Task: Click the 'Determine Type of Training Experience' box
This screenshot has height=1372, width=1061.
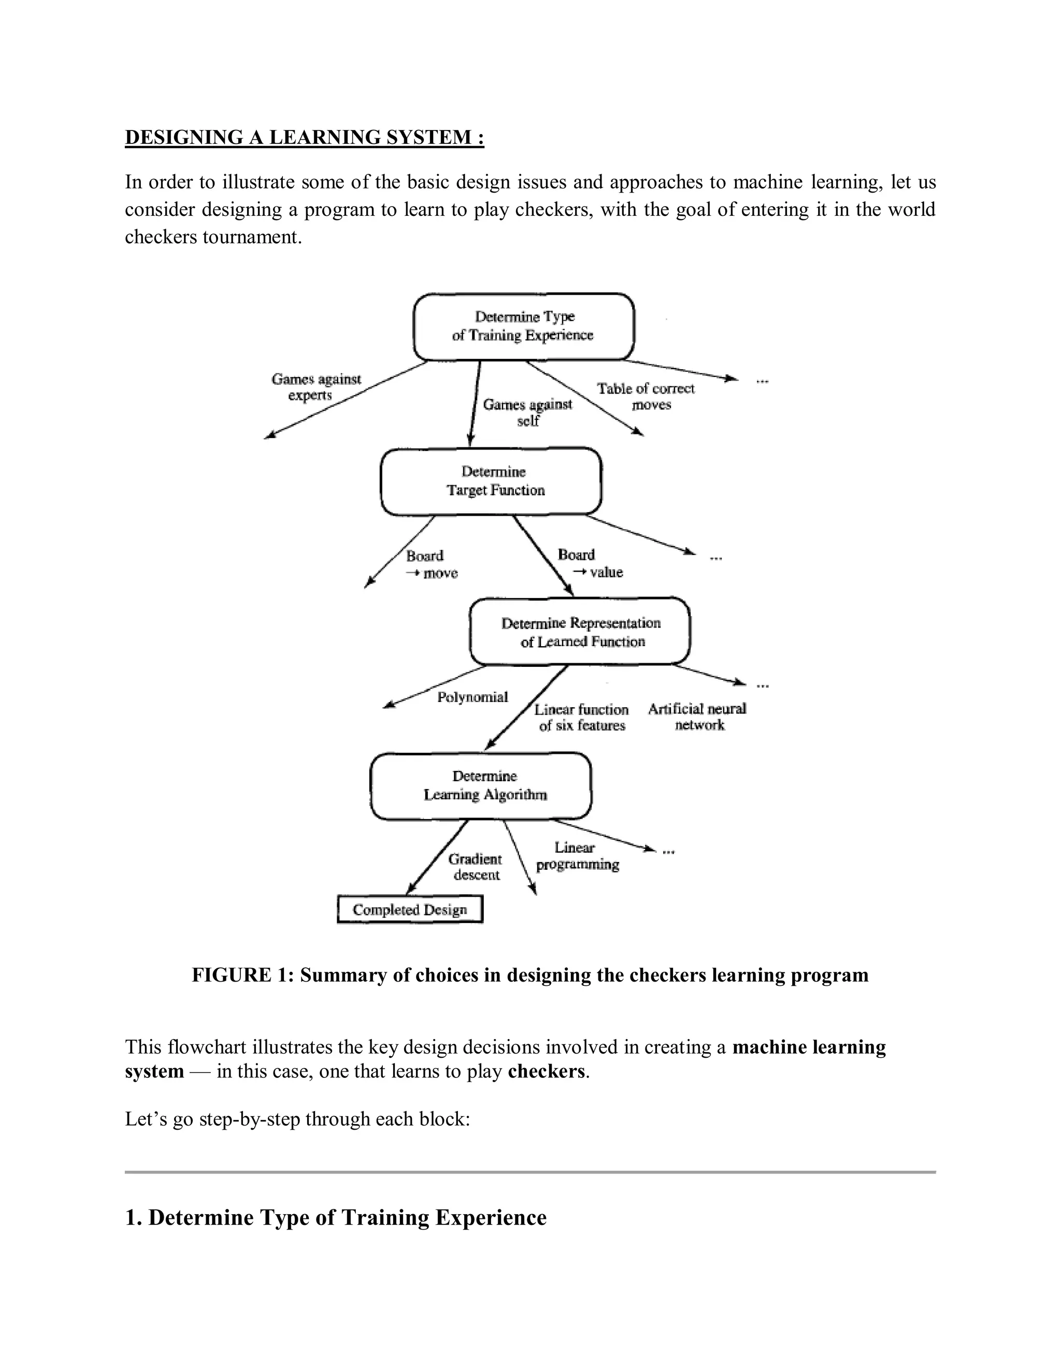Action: [x=523, y=326]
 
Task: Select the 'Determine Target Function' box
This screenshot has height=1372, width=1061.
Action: [x=491, y=481]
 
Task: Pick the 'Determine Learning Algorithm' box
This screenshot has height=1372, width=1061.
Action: [x=481, y=785]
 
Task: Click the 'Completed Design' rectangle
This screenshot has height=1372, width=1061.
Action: [x=410, y=910]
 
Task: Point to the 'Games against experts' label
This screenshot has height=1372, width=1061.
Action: [x=316, y=387]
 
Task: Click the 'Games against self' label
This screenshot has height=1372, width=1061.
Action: [x=527, y=412]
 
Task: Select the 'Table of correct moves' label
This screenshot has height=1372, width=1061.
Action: [x=646, y=397]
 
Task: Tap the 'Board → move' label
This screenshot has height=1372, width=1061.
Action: [x=431, y=564]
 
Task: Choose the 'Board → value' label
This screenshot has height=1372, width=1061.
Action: [x=589, y=563]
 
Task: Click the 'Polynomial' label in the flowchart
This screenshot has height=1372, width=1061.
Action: [x=472, y=697]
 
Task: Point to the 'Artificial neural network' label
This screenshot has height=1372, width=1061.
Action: [x=697, y=717]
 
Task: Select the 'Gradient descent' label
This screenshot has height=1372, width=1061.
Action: [x=475, y=867]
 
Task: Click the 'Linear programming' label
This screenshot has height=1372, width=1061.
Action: [x=577, y=856]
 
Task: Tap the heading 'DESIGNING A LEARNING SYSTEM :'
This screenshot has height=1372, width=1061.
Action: [x=304, y=137]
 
